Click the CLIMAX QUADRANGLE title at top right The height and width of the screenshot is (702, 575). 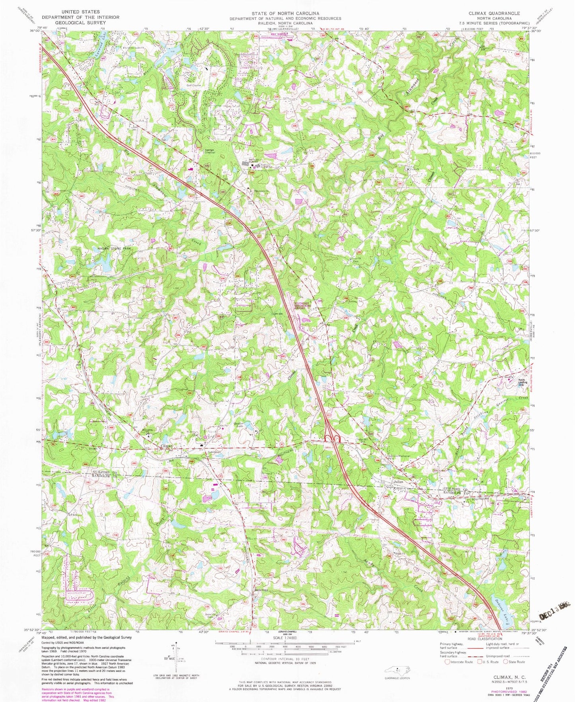(491, 14)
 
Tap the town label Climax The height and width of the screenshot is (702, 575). (166, 446)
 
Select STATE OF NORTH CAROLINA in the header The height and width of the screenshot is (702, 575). (285, 14)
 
